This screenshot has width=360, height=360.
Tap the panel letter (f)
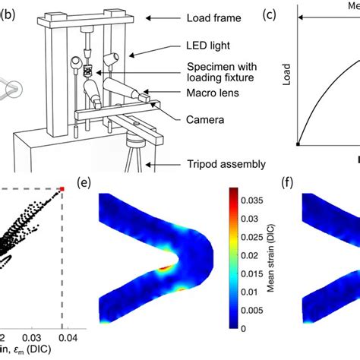pos(311,182)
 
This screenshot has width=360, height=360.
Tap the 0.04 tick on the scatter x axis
pos(66,335)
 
